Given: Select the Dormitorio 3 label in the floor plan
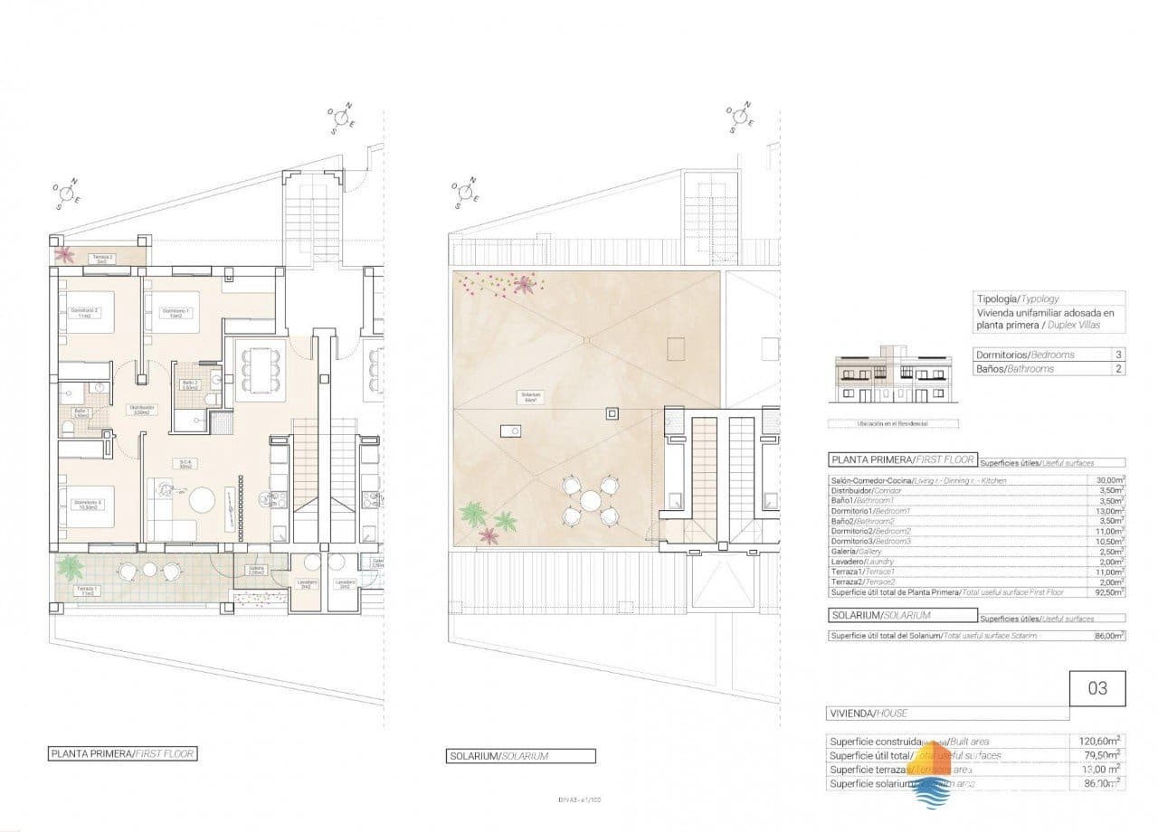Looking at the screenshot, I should tap(87, 503).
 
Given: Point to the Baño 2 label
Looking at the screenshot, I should tap(189, 383).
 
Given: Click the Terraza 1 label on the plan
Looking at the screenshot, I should tap(87, 589).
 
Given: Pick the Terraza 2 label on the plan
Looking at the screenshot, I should tap(101, 259).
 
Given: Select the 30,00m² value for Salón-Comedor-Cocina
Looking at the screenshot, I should tap(1109, 480).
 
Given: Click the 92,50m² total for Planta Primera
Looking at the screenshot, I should tap(1109, 592).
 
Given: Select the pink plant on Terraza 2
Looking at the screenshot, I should tap(65, 255).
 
